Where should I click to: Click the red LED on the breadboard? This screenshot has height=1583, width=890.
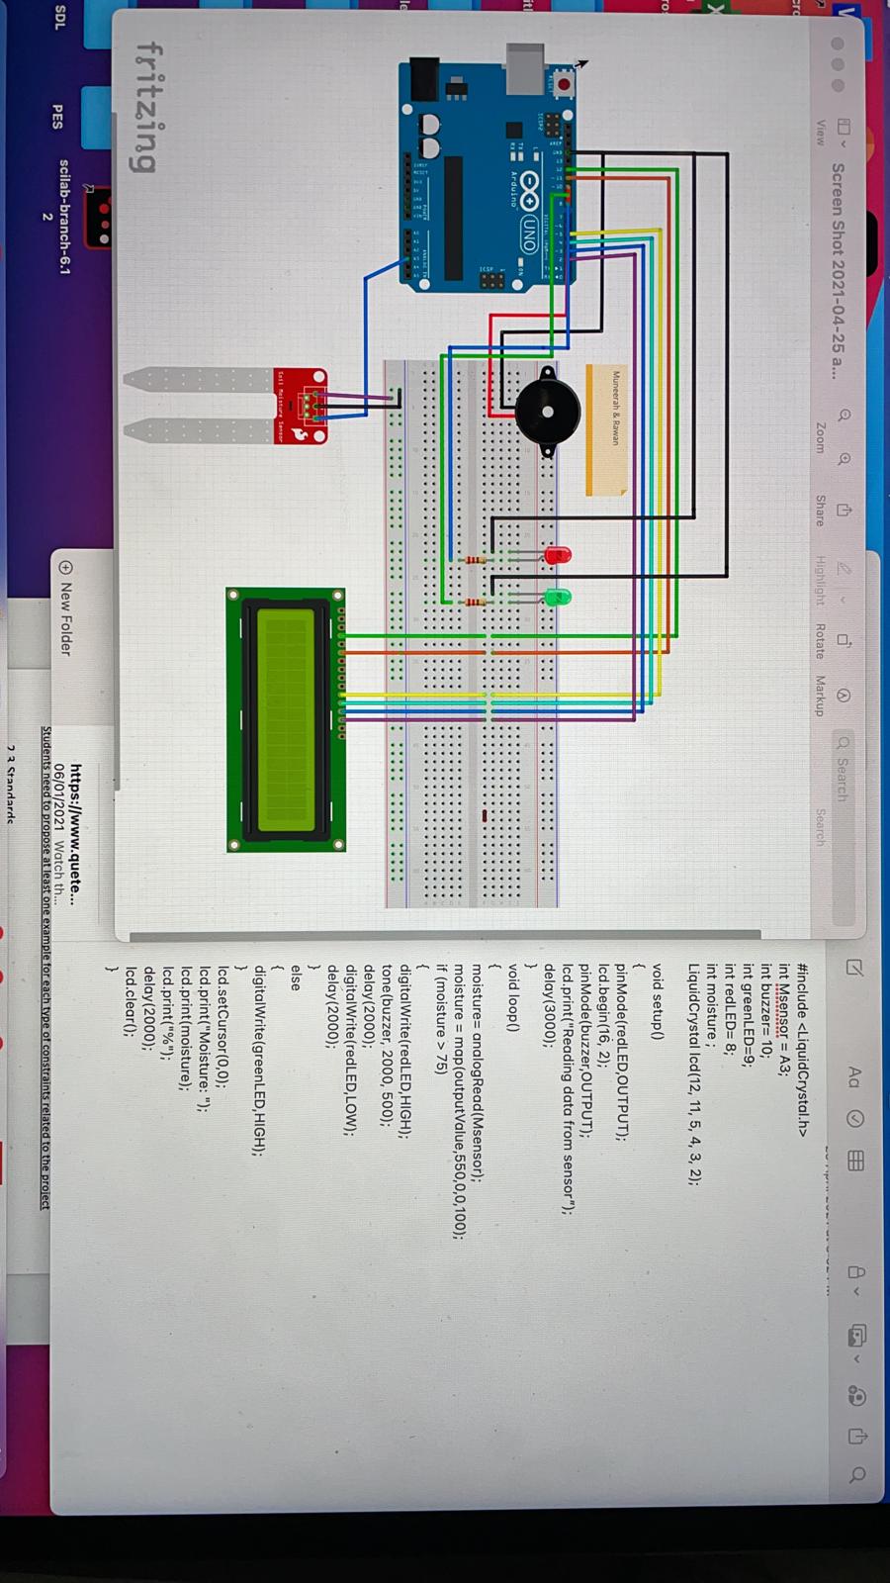click(557, 555)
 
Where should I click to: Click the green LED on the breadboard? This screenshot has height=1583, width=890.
click(558, 598)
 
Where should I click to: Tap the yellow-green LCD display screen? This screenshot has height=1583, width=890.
click(286, 719)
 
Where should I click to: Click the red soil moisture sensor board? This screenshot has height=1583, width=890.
click(301, 405)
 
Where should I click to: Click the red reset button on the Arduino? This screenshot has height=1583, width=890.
click(564, 85)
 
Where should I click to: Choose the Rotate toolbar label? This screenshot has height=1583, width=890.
click(820, 640)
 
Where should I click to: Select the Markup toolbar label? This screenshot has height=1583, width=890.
click(820, 696)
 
